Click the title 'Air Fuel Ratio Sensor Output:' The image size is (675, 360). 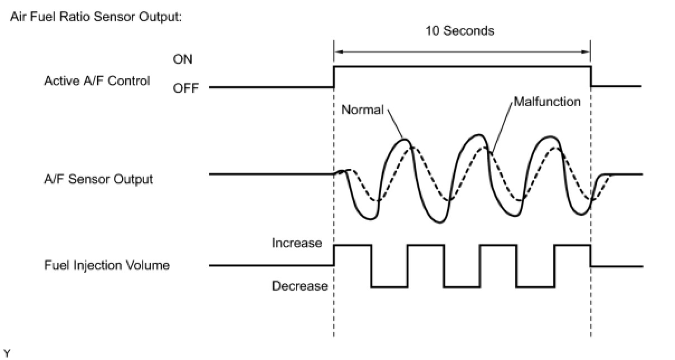click(96, 17)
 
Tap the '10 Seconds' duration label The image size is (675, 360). click(459, 31)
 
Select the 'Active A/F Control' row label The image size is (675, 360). click(97, 81)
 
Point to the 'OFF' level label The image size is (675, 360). click(186, 88)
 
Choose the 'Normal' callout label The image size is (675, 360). click(362, 110)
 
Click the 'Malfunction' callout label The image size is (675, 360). click(547, 102)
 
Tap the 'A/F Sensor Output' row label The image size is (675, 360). click(98, 179)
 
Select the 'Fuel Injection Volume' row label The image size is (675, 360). click(107, 265)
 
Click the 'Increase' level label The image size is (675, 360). click(297, 243)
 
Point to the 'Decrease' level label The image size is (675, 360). click(300, 286)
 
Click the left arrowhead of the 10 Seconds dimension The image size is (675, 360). click(337, 52)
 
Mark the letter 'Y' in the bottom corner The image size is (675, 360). click(7, 352)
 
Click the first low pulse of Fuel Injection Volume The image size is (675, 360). click(389, 286)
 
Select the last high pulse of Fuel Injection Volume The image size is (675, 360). click(572, 245)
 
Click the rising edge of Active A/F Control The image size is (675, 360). click(334, 77)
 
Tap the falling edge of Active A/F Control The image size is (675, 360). click(591, 77)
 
